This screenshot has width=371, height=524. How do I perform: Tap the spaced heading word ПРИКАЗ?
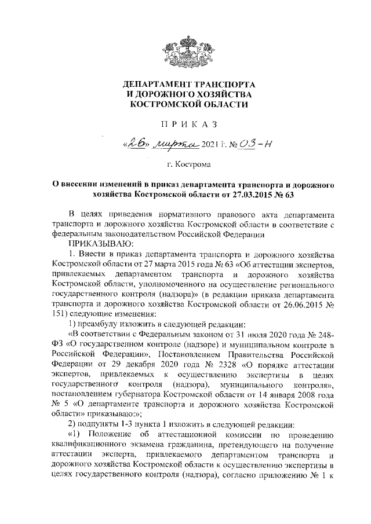pyautogui.click(x=185, y=124)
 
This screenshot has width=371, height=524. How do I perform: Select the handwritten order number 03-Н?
pyautogui.click(x=249, y=144)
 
